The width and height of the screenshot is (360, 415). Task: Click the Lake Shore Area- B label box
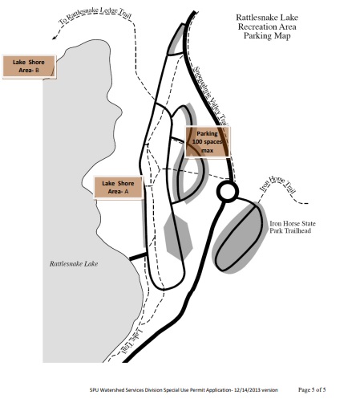[x=29, y=67]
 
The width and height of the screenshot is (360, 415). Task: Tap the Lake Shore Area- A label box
[x=118, y=188]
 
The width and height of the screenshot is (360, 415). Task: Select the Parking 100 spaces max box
[x=208, y=142]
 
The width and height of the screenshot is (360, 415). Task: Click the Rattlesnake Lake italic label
[x=74, y=264]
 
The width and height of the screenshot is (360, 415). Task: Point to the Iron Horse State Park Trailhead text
[x=293, y=227]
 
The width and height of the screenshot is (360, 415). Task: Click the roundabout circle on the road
[x=228, y=192]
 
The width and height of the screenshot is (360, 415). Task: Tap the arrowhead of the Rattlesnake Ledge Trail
[x=55, y=37]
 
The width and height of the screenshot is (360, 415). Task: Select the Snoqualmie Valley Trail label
[x=210, y=96]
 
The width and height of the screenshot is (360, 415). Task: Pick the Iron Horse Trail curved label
[x=278, y=185]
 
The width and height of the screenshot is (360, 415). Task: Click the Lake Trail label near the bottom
[x=132, y=341]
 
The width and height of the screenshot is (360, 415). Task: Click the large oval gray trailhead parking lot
[x=240, y=237]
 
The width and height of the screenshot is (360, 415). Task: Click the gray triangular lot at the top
[x=176, y=41]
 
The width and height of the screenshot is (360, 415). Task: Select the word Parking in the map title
[x=254, y=35]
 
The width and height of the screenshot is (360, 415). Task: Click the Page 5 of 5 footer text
[x=312, y=389]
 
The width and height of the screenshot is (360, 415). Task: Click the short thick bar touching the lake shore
[x=138, y=256]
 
